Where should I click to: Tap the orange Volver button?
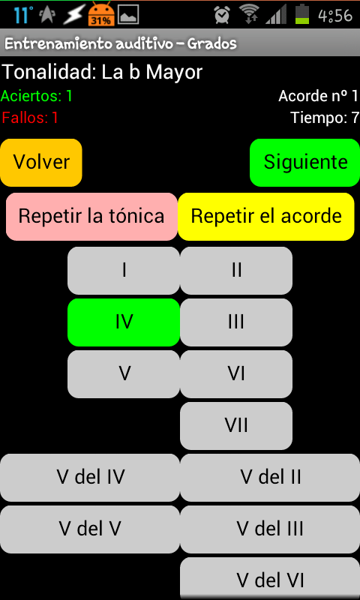(x=41, y=163)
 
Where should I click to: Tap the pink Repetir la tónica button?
(x=91, y=217)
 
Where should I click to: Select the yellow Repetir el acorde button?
(x=266, y=217)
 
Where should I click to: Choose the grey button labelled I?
(x=124, y=271)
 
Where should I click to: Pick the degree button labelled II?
(x=236, y=271)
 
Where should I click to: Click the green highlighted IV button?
(x=124, y=322)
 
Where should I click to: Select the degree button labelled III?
(x=236, y=322)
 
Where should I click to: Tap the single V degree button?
(x=124, y=373)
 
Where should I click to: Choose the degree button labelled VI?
(x=236, y=373)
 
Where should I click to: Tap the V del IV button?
(x=90, y=478)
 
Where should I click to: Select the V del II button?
(x=270, y=478)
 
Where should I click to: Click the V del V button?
(x=90, y=529)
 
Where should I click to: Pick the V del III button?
(x=270, y=529)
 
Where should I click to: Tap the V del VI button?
(x=270, y=578)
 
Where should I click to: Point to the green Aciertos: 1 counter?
(x=37, y=96)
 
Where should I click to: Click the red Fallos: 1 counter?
(x=30, y=118)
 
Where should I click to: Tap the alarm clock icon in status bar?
(x=222, y=15)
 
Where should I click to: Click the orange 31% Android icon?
(x=101, y=14)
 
